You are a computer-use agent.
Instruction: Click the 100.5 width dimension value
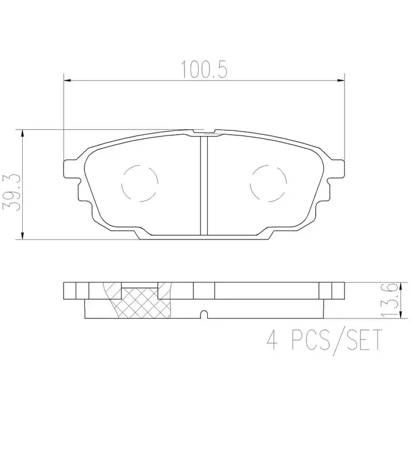coord(204,69)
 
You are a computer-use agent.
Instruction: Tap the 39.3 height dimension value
coord(11,193)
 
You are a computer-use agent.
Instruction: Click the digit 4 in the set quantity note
coord(272,340)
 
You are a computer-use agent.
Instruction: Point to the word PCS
coord(310,340)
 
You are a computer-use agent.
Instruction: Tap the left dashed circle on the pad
coord(140,183)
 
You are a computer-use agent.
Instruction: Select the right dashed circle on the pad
coord(268,183)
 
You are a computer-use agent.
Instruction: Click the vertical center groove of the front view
coord(204,186)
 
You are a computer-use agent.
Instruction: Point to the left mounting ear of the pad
coord(71,168)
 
